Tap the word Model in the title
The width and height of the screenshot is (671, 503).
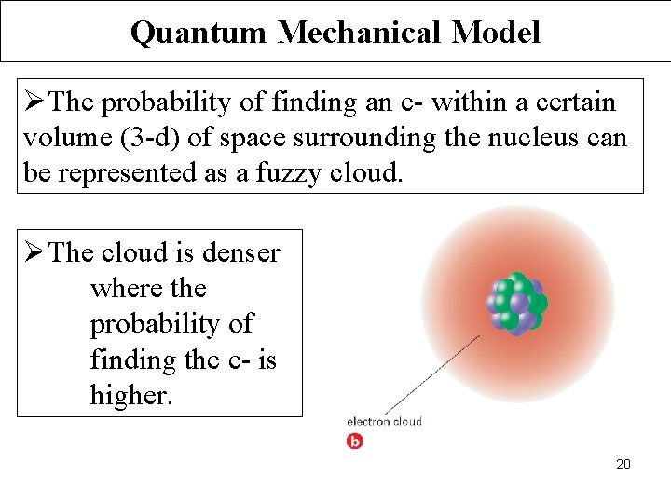click(x=496, y=33)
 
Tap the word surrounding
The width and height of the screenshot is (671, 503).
click(x=364, y=138)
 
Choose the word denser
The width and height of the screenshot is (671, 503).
click(x=243, y=252)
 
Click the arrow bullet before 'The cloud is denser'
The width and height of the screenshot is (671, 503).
click(x=33, y=252)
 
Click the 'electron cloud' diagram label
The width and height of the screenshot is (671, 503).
click(x=384, y=422)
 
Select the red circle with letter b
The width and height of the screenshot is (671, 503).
click(x=354, y=441)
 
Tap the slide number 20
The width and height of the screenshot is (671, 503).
click(x=623, y=464)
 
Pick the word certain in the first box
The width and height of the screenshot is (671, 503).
click(x=572, y=102)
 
